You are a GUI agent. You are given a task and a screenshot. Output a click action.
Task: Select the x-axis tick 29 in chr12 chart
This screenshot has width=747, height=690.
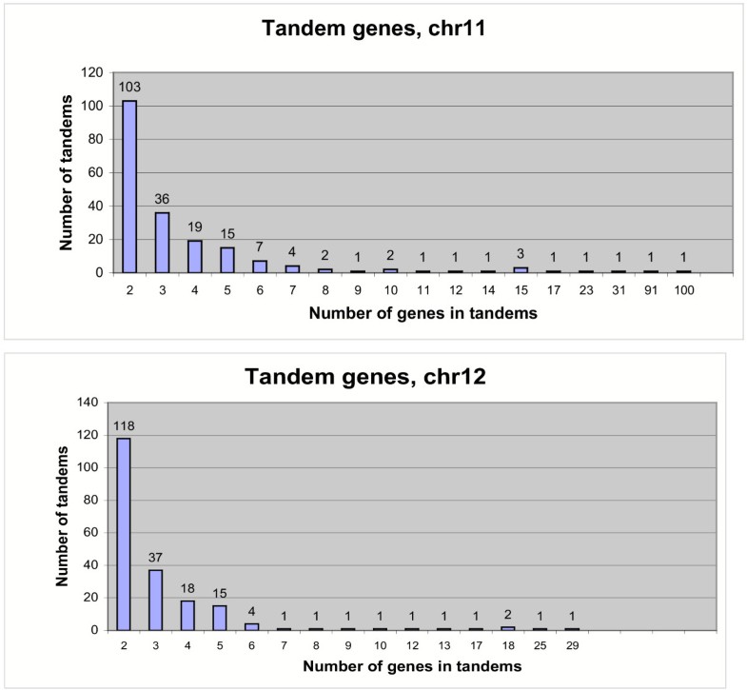pos(571,644)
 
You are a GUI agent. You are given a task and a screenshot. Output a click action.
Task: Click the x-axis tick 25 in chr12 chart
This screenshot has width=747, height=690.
pos(540,644)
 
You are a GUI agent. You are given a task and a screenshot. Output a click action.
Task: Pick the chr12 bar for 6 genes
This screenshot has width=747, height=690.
pos(252,626)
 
